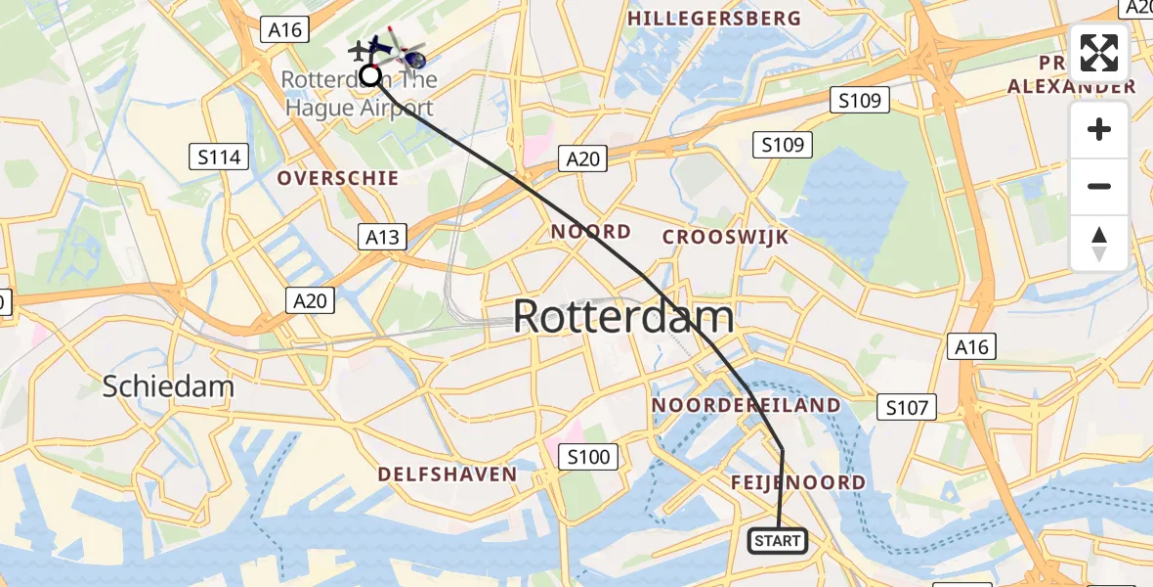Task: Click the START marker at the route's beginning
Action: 778,541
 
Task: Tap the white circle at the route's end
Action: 370,74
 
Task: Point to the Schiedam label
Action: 169,386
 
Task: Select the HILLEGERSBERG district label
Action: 714,19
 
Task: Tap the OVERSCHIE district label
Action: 338,178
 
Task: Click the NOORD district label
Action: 591,232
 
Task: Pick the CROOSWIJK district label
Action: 726,237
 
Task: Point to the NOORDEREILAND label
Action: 746,405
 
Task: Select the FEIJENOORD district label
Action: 798,482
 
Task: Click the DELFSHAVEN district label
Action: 448,474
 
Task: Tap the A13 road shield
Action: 382,236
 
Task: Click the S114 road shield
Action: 219,157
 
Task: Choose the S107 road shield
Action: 907,407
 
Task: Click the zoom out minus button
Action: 1099,187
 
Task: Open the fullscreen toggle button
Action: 1099,53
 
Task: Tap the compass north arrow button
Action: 1099,244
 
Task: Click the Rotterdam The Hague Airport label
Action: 360,94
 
